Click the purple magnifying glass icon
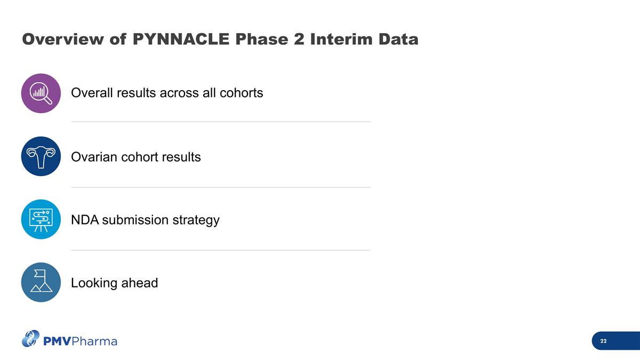coord(41,93)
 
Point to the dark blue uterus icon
coord(41,156)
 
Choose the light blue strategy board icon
coord(41,219)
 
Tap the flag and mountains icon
coord(41,282)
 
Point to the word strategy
coord(196,220)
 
